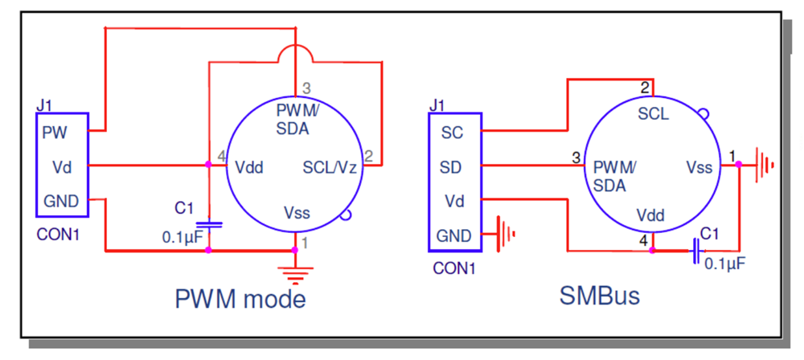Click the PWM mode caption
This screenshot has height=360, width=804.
(240, 299)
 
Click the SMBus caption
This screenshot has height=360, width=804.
(599, 296)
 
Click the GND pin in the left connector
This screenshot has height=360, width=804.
(61, 201)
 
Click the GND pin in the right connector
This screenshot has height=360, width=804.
(453, 236)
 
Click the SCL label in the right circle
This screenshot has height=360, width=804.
(652, 114)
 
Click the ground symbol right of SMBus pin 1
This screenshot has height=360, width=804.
(764, 166)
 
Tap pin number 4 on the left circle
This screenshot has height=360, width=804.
(221, 156)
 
